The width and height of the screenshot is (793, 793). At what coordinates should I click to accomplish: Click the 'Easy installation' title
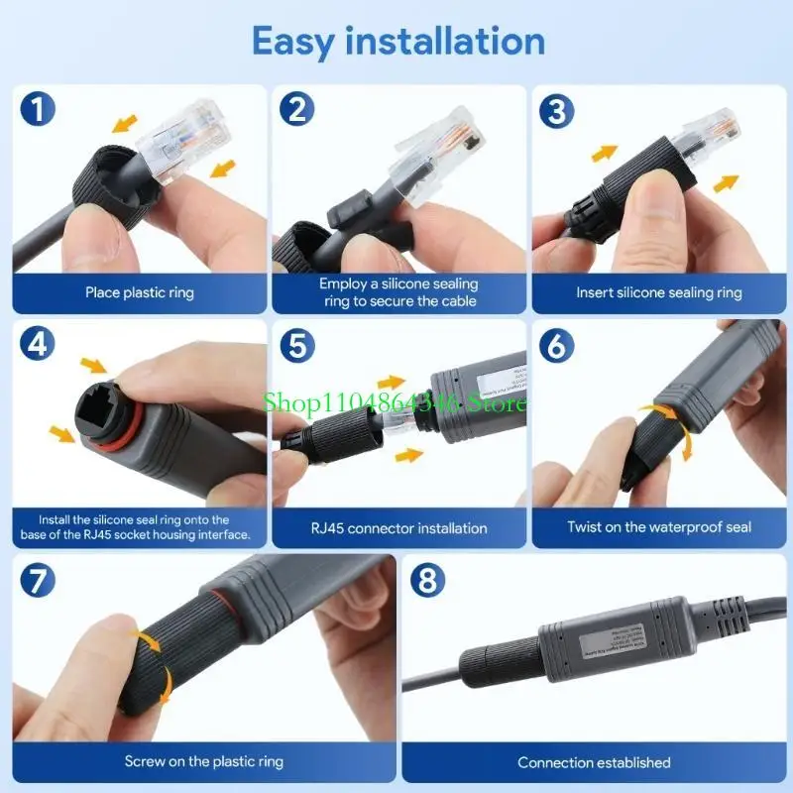tap(397, 42)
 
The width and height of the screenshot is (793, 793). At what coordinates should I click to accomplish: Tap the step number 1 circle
tap(38, 109)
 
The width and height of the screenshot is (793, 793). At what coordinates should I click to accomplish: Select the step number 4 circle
tap(38, 344)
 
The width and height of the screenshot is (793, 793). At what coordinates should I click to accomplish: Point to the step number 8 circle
tap(427, 580)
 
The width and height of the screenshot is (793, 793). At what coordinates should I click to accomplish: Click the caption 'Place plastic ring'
tap(140, 292)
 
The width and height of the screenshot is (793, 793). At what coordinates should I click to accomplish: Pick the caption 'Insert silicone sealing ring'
tap(659, 292)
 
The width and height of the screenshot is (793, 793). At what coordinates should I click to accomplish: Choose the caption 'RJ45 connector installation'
tap(399, 527)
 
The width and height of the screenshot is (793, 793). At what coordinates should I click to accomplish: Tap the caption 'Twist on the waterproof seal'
tap(659, 527)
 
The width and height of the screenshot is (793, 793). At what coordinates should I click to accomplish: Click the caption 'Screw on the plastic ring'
tap(204, 761)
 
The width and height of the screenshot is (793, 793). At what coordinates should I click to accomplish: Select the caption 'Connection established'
tap(594, 762)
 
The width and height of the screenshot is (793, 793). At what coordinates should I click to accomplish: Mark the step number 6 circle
tap(558, 344)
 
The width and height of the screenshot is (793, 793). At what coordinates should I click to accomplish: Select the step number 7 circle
tap(38, 580)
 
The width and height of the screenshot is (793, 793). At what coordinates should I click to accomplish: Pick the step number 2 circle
tap(297, 109)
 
